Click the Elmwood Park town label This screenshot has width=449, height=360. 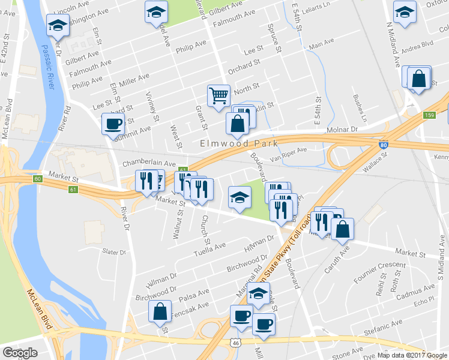coord(240,143)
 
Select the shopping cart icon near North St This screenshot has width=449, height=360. coord(218,95)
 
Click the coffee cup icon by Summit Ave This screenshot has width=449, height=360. coord(113,124)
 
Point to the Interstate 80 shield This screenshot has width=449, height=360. coord(384,145)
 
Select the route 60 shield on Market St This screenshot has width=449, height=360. coord(38,179)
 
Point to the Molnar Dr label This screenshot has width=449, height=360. coord(342,129)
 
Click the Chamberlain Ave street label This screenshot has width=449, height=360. coord(149,163)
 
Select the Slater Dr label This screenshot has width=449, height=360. coord(114,252)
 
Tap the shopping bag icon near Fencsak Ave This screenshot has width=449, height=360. coord(160,311)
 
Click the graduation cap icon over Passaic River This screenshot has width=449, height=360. coord(58,26)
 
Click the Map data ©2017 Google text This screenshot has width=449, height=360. coord(412,355)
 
